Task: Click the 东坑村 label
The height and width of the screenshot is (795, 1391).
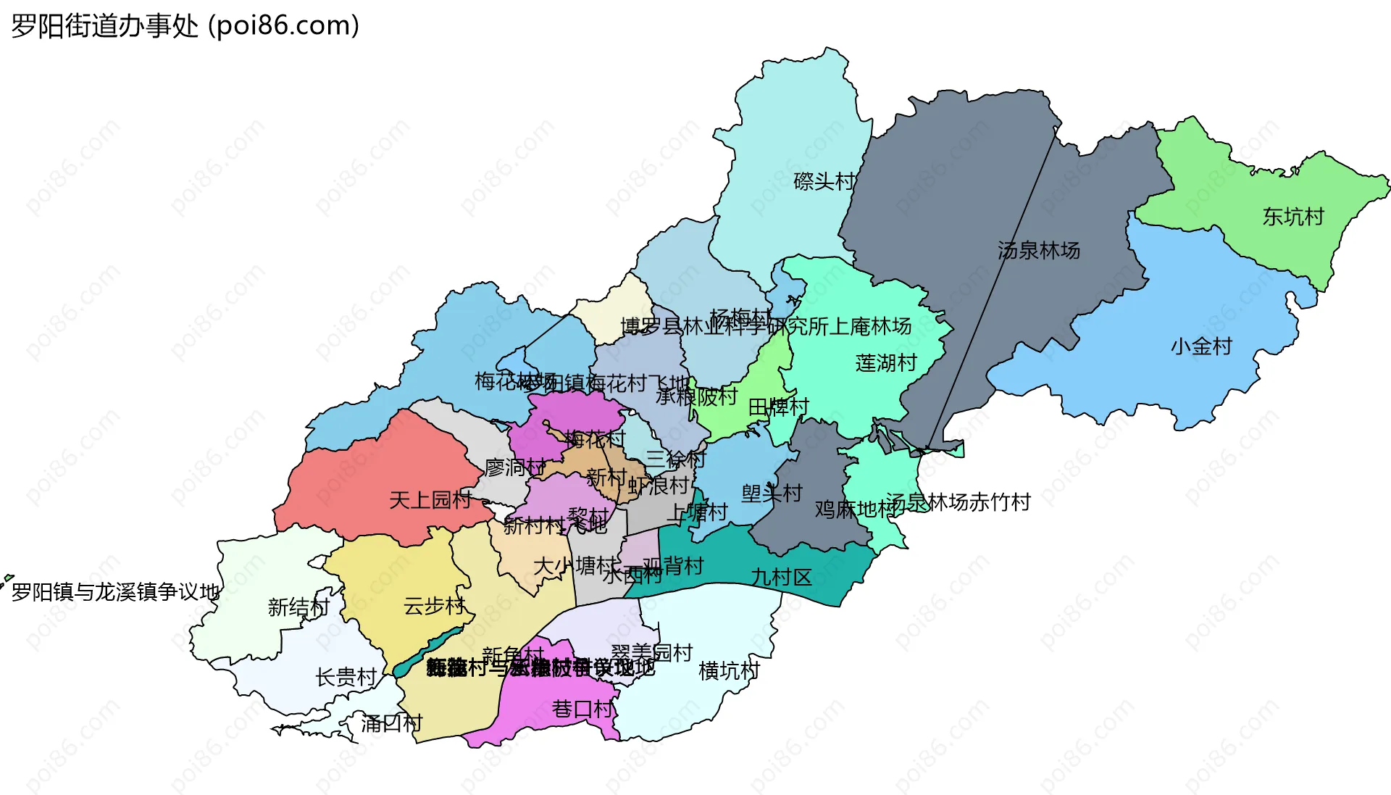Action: (1293, 217)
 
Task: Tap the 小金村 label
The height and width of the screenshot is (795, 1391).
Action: (1201, 346)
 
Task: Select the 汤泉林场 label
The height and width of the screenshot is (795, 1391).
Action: (1038, 251)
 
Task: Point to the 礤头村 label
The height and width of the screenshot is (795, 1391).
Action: (824, 181)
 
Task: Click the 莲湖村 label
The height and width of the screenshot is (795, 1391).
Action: (886, 362)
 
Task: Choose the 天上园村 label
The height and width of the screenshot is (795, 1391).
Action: (430, 500)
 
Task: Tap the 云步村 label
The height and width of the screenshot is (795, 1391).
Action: (434, 606)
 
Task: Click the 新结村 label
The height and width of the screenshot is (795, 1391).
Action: (298, 607)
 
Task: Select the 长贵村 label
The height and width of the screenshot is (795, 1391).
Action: (346, 678)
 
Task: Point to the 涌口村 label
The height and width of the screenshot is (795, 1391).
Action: (391, 723)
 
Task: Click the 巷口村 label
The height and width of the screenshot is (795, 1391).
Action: (582, 709)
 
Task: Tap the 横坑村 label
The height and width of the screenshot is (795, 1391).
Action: (729, 671)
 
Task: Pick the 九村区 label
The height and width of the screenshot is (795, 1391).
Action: (781, 578)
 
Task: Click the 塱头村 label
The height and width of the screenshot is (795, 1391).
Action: (772, 494)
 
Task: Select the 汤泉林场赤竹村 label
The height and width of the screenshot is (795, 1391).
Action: (958, 502)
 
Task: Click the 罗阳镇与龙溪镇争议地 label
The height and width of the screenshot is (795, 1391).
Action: (116, 593)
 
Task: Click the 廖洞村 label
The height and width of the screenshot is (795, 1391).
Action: (514, 467)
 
